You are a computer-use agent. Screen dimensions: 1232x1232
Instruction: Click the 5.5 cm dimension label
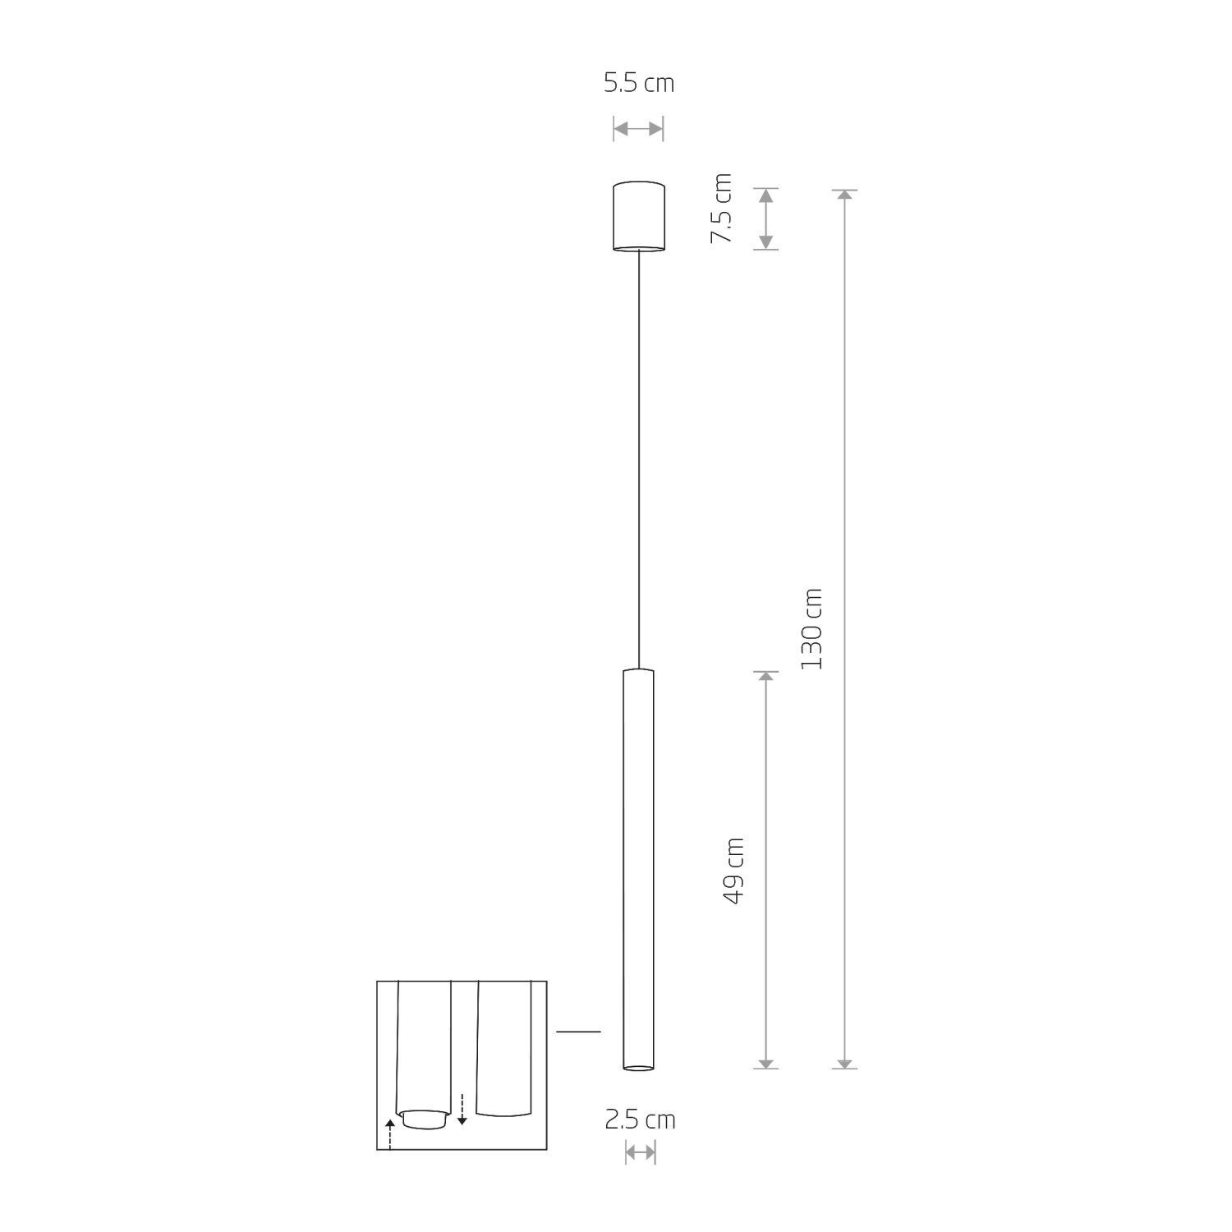click(638, 84)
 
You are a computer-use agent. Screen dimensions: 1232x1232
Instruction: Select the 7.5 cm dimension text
click(721, 208)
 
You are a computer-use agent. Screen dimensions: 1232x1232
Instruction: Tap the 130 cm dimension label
click(811, 628)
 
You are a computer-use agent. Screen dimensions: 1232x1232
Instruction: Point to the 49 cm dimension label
click(733, 871)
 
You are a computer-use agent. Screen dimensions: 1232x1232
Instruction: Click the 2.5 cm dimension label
click(640, 1120)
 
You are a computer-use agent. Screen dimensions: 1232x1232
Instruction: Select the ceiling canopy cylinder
click(639, 215)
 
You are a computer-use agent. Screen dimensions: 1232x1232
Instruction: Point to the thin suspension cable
click(639, 460)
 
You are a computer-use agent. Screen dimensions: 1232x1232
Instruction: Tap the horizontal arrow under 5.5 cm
click(638, 129)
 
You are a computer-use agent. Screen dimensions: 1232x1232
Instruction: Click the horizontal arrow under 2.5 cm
click(640, 1152)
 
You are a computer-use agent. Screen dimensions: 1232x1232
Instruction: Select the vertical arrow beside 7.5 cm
click(765, 218)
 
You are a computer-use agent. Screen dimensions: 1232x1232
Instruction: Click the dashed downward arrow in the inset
click(462, 1109)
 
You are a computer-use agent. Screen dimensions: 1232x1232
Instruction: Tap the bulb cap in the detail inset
click(424, 1119)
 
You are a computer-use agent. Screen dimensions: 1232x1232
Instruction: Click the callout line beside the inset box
click(578, 1031)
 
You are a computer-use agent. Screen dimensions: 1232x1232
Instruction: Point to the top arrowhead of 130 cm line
click(845, 195)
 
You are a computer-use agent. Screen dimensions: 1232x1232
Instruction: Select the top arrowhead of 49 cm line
click(765, 678)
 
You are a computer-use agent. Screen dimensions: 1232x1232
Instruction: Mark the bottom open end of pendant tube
click(638, 1068)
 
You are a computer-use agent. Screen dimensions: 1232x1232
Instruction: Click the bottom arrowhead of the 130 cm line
click(845, 1063)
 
